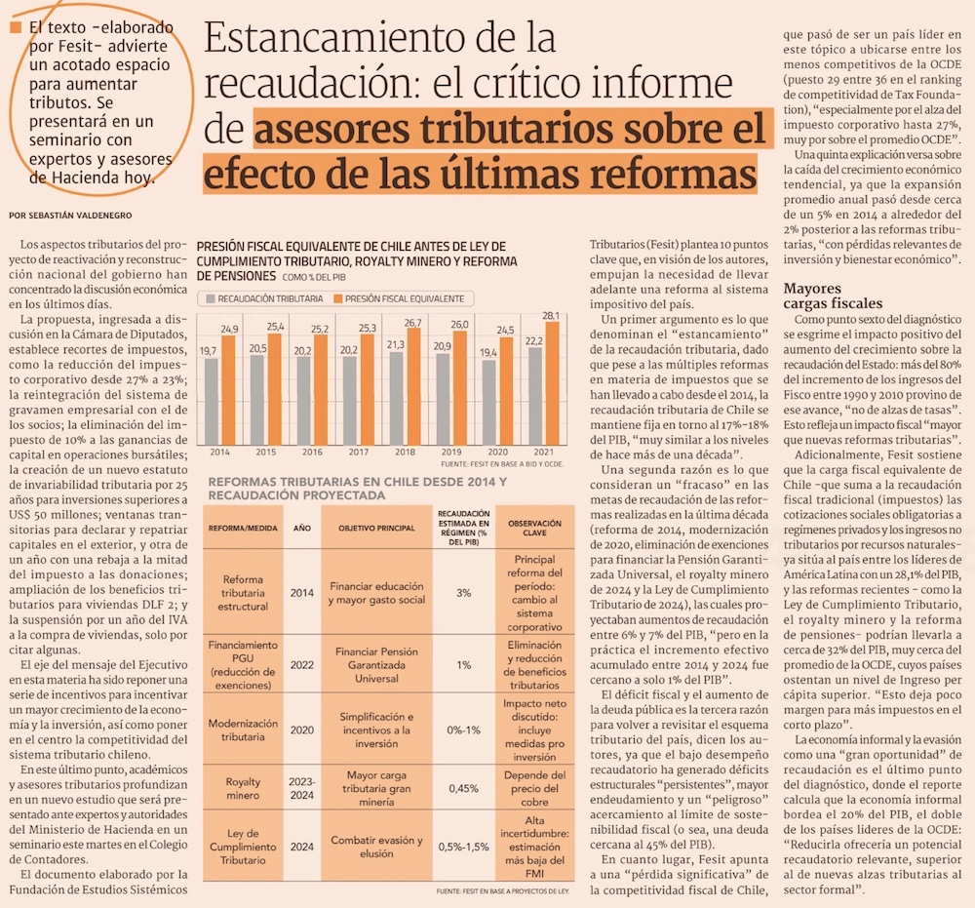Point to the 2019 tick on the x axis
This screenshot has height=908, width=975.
click(x=451, y=454)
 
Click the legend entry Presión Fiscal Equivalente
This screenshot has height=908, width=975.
click(x=398, y=298)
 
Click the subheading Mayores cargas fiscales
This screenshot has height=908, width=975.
click(x=833, y=296)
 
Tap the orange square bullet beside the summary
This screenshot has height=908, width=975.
click(x=15, y=29)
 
